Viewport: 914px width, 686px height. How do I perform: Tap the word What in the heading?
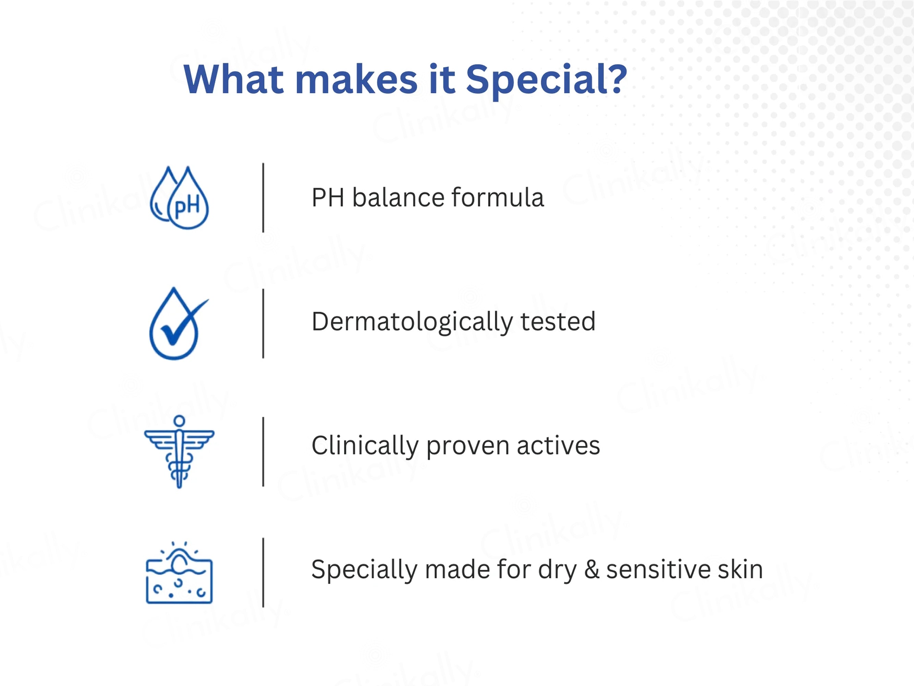coord(234,79)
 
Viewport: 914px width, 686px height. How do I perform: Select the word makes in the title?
coord(356,79)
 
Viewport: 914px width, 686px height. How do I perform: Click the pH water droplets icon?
coord(179,198)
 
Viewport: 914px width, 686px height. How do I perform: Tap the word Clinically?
coord(365,447)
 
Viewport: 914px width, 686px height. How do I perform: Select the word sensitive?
coord(658,570)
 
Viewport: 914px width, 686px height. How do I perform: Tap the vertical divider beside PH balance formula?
coord(263,198)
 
